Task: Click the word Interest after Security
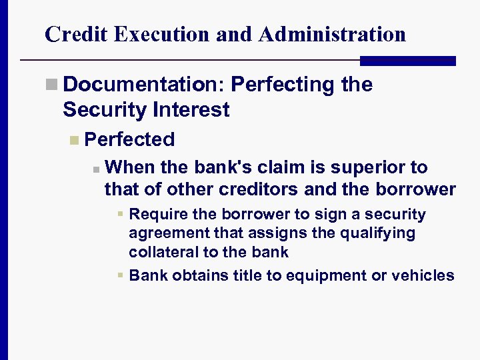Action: [194, 109]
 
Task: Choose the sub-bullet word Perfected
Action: [130, 139]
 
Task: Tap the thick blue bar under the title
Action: [407, 61]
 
